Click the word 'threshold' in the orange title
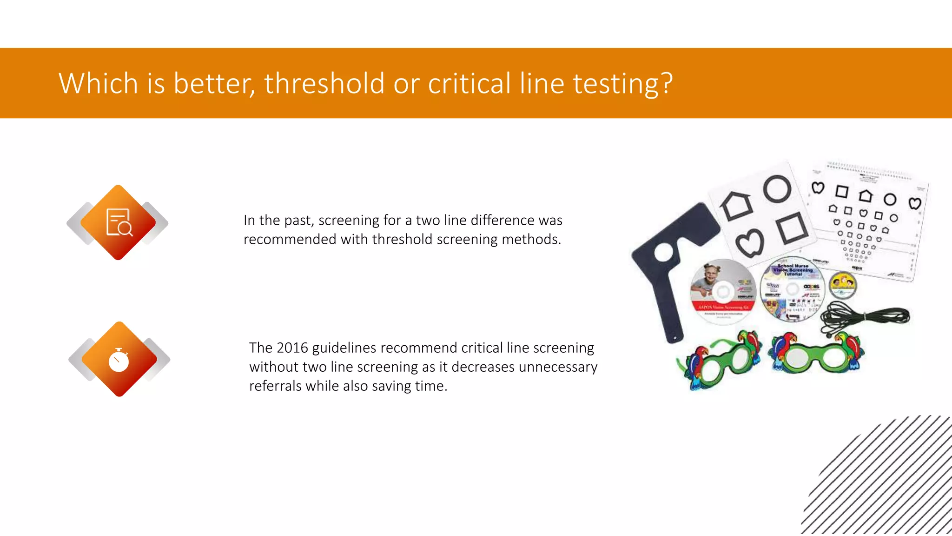pyautogui.click(x=324, y=84)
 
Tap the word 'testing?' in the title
pyautogui.click(x=622, y=84)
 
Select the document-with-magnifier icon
pyautogui.click(x=119, y=222)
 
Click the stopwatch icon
pyautogui.click(x=119, y=360)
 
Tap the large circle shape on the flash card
pyautogui.click(x=777, y=188)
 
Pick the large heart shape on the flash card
pyautogui.click(x=749, y=243)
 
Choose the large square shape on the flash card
pyautogui.click(x=793, y=228)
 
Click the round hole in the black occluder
pyautogui.click(x=664, y=253)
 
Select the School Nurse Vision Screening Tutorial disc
pyautogui.click(x=792, y=288)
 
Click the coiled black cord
pyautogui.click(x=865, y=316)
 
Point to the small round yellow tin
pyautogui.click(x=842, y=285)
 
